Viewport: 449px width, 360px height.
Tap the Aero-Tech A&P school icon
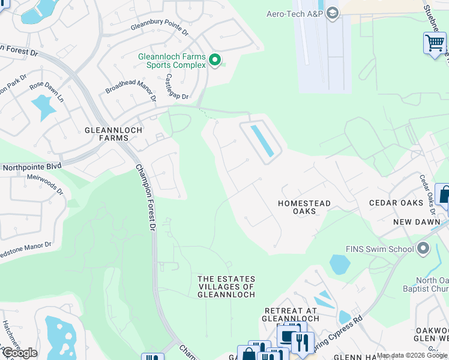point(332,13)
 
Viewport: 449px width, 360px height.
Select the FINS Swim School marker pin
point(423,248)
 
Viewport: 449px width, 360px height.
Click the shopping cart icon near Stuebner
point(434,43)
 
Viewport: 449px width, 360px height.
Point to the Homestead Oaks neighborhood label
point(304,207)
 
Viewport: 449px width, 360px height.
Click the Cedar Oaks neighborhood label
point(397,203)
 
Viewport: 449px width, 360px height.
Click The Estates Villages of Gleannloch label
point(226,287)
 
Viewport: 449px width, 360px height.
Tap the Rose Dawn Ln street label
point(47,89)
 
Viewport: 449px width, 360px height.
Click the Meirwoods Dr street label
point(45,184)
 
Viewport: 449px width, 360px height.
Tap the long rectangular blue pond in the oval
point(262,140)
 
